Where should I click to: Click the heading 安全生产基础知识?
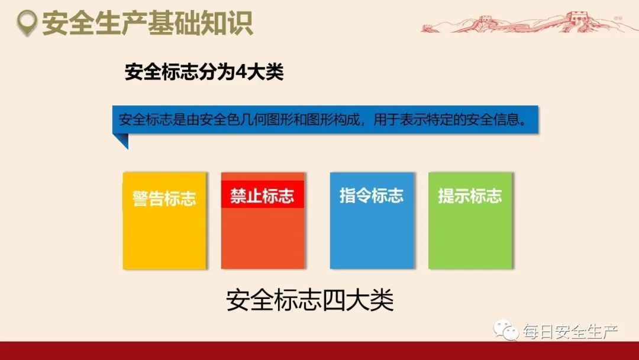(147, 23)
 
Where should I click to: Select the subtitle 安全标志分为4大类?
(204, 73)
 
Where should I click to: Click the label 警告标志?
(164, 198)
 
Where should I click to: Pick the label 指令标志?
(372, 196)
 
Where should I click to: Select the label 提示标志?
(470, 196)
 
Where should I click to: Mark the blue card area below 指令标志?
(372, 237)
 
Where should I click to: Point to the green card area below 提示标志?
(470, 237)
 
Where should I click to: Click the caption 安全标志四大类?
(309, 300)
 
